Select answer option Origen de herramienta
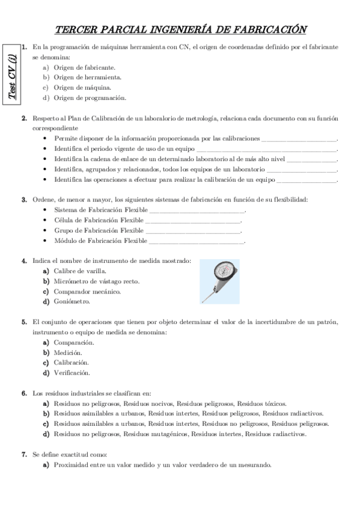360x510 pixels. coord(88,77)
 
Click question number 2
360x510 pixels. coord(24,118)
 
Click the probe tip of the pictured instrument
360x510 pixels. coord(203,301)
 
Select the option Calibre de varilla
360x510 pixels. coord(79,271)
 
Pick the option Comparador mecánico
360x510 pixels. coord(87,292)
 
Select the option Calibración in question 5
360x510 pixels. coord(72,363)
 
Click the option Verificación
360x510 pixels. coord(72,373)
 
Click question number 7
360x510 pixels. coord(24,454)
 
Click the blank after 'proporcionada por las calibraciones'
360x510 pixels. coord(299,138)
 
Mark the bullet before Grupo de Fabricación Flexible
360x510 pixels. coord(46,230)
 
